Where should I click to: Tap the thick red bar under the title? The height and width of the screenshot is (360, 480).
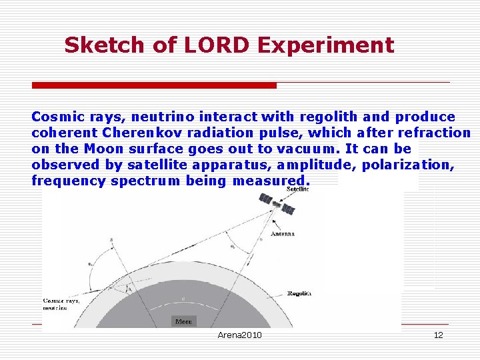click(x=154, y=85)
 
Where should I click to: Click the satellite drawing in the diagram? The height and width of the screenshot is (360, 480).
click(x=276, y=205)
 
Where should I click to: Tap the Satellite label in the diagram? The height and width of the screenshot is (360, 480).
click(x=297, y=189)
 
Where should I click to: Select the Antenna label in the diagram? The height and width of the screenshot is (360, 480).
click(x=282, y=234)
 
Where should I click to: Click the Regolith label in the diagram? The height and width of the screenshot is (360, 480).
click(x=299, y=293)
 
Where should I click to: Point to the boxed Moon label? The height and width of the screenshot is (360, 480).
click(x=183, y=321)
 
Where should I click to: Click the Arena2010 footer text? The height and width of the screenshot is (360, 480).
click(x=239, y=335)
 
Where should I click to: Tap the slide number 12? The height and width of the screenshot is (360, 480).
click(x=438, y=335)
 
